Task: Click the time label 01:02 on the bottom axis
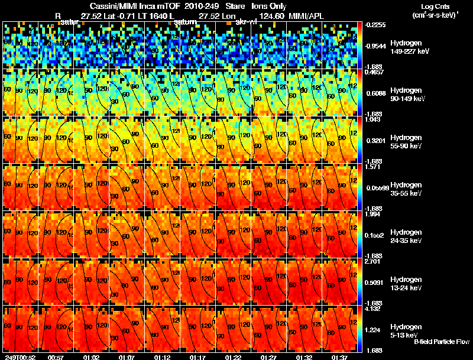pyautogui.click(x=91, y=357)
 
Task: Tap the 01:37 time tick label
pyautogui.click(x=339, y=357)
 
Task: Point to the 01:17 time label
pyautogui.click(x=197, y=357)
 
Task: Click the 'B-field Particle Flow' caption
pyautogui.click(x=441, y=342)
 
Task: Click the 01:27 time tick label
pyautogui.click(x=268, y=357)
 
